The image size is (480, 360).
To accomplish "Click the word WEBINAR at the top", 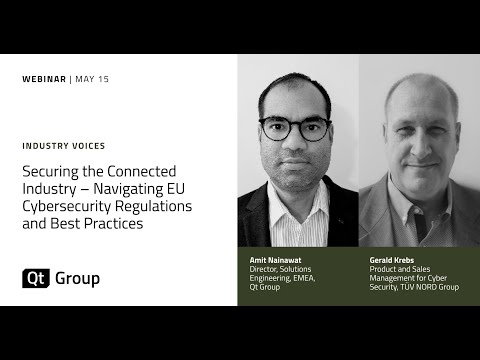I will tap(44, 80).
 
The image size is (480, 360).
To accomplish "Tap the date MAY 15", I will tap(92, 80).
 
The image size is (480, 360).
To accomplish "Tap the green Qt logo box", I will tap(35, 278).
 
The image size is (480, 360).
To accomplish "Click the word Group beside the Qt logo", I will tap(77, 278).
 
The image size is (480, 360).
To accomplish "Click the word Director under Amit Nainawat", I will tap(264, 268).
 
